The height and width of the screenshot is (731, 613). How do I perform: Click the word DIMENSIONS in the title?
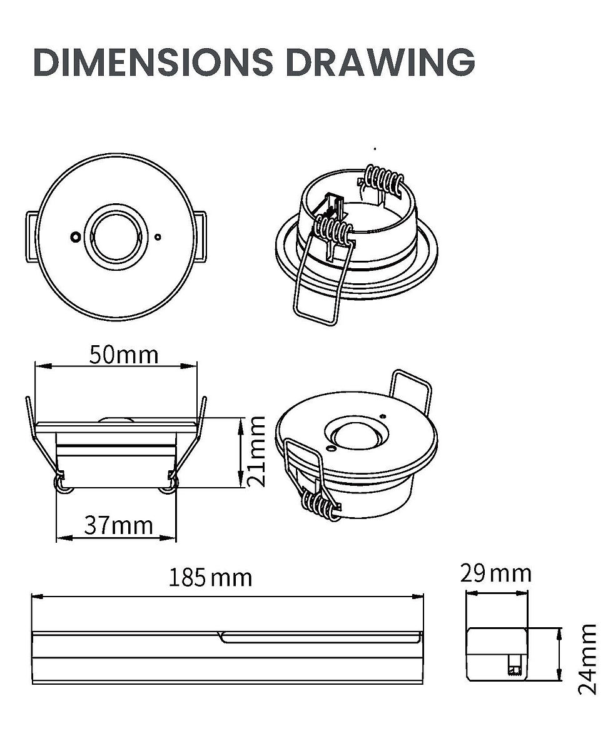coord(153,61)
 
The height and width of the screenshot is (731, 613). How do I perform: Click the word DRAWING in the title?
coord(380,61)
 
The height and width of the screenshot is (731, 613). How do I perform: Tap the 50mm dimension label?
coord(124,355)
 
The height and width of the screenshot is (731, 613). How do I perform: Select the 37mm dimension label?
coord(118,525)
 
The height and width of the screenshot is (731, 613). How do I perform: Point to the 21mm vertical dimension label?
coord(256,451)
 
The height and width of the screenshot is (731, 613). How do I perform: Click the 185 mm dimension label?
coord(210,578)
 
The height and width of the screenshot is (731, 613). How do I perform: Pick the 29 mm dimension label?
coord(496,573)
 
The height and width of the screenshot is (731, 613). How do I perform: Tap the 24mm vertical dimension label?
coord(587,658)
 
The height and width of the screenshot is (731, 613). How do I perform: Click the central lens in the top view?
coord(116,236)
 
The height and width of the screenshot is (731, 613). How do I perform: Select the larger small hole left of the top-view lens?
coord(74,237)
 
